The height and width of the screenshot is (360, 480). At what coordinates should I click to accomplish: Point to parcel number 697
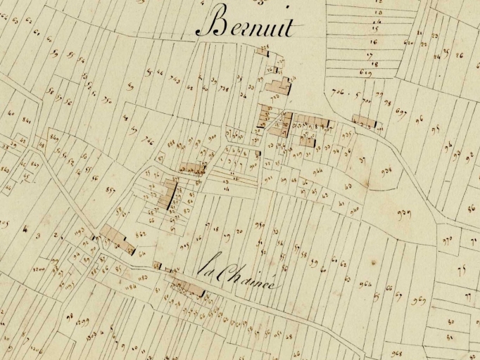pos(402,112)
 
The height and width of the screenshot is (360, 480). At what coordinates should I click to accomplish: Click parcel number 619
pos(365,72)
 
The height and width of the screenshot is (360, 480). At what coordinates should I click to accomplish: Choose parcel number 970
pos(448,241)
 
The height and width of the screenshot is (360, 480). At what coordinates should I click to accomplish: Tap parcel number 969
pos(419,302)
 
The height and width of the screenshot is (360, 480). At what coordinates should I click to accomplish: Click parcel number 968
pos(396,353)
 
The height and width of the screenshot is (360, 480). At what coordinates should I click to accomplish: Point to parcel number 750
pos(106,99)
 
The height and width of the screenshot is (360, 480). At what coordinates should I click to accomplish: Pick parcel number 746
pos(148,140)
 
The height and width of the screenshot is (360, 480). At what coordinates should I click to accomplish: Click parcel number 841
pos(27,120)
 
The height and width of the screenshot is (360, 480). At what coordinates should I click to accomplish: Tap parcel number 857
pos(110,190)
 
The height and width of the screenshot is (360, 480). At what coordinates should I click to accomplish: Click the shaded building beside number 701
pos(364,121)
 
